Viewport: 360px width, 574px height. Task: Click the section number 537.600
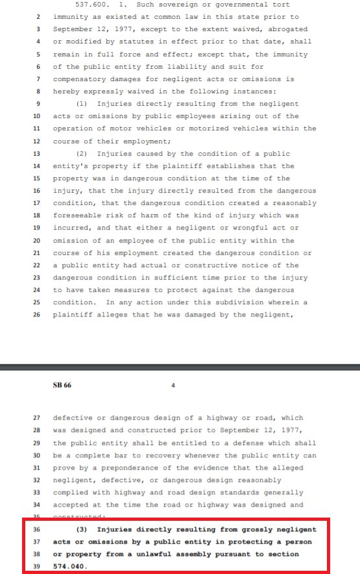tap(93, 5)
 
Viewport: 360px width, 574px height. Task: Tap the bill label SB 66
tap(62, 385)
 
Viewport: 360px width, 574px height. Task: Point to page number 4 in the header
tap(173, 385)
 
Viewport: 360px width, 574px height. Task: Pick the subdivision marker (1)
tap(82, 104)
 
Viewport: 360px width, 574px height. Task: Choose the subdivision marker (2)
tap(82, 154)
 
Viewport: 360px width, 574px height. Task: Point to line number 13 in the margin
tap(37, 154)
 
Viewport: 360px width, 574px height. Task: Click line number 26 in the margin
tap(37, 315)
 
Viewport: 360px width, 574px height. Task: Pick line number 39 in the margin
tap(37, 566)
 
